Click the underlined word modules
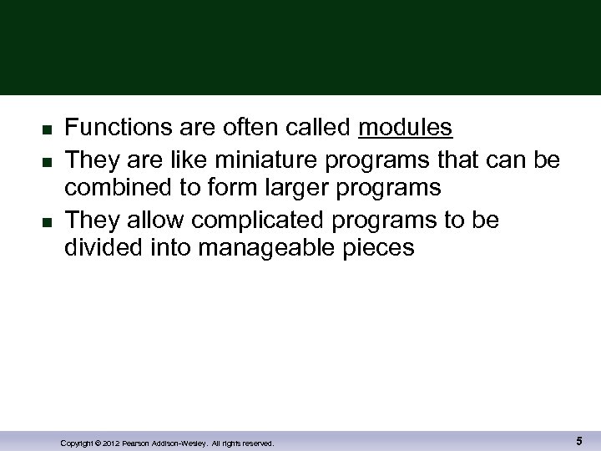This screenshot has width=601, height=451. click(405, 128)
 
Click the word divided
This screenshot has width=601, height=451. click(104, 248)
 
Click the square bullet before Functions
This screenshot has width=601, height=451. click(48, 129)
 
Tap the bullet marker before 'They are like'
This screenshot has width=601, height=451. click(48, 160)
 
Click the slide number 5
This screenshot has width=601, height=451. click(578, 440)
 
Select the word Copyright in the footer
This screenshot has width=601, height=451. click(77, 443)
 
